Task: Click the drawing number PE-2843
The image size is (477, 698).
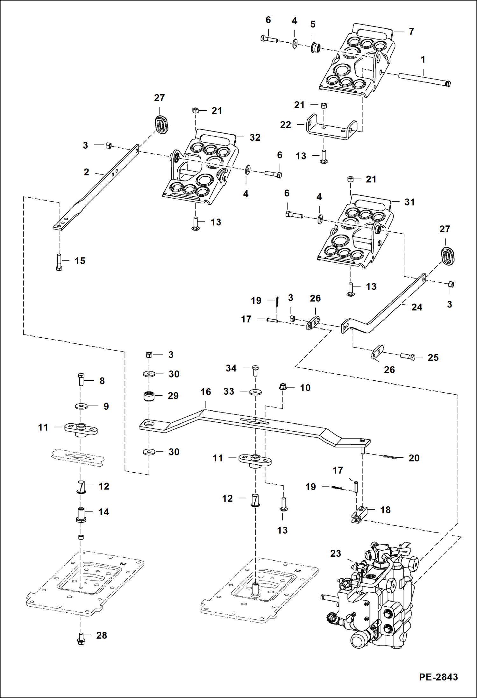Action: pos(438,677)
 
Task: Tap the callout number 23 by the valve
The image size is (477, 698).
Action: pos(335,553)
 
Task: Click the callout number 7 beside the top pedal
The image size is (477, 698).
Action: pos(411,32)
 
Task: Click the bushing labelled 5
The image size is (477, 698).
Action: pos(315,48)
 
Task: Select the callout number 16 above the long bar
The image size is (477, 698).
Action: pos(206,392)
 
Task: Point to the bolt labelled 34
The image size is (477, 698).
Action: pos(255,371)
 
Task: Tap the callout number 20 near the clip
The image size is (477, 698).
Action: pos(414,458)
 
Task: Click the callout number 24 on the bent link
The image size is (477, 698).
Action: pos(416,307)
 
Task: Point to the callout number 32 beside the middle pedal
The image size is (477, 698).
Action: pos(255,137)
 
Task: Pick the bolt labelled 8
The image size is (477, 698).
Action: pos(81,379)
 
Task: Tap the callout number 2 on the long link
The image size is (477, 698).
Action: pos(86,172)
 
